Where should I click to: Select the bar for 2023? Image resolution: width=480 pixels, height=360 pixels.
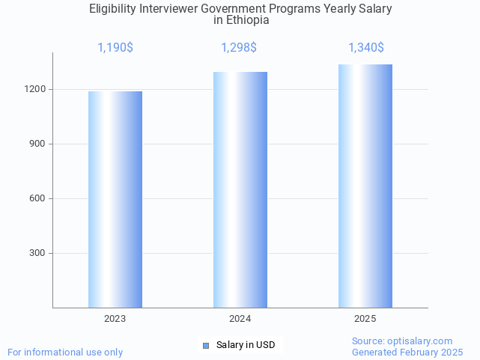click(x=115, y=199)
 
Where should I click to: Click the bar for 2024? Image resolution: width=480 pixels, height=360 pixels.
click(x=240, y=189)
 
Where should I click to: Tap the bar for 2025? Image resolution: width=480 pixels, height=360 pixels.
click(x=365, y=186)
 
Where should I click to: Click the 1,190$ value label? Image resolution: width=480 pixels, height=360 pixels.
click(x=115, y=48)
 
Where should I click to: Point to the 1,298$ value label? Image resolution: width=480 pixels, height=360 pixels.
click(x=239, y=48)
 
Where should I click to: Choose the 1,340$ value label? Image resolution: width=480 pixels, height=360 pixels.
click(x=366, y=48)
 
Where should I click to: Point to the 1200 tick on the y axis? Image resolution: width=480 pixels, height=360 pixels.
click(x=36, y=89)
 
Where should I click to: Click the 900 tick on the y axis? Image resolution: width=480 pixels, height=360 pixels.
click(x=38, y=144)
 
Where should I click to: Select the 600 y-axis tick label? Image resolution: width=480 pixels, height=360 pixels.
click(x=38, y=198)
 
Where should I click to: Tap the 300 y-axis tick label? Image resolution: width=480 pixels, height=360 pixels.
click(x=38, y=253)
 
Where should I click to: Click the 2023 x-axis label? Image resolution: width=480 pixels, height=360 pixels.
click(x=115, y=319)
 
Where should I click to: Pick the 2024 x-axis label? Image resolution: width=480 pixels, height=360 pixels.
click(x=240, y=319)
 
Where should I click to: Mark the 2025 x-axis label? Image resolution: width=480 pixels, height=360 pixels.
click(x=365, y=319)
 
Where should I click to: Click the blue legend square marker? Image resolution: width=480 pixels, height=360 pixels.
click(x=206, y=345)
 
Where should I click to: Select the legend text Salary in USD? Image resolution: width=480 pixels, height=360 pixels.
click(x=246, y=345)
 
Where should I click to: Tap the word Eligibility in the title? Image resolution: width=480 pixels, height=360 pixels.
click(x=112, y=9)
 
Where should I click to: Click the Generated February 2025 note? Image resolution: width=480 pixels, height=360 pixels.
click(x=407, y=353)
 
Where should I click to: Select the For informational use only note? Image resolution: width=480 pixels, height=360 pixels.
click(x=65, y=353)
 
